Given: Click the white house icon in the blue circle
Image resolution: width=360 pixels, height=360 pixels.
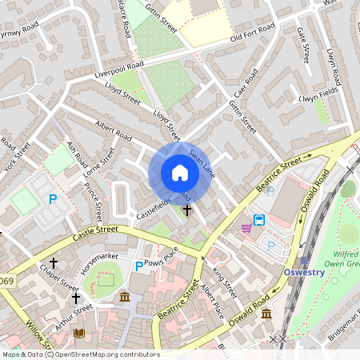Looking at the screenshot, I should click(180, 173).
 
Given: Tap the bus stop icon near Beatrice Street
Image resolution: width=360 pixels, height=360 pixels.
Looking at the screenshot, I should click(259, 220).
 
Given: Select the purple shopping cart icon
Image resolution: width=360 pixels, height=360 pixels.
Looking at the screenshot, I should click(246, 228).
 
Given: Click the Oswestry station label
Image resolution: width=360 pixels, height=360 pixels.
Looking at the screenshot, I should click(303, 272).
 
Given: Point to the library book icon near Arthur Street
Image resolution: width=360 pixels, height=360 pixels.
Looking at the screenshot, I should click(78, 332).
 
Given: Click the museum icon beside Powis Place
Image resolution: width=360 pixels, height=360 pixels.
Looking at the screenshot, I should click(125, 298).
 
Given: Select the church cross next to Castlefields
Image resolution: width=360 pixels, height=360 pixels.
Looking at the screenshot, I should click(187, 210).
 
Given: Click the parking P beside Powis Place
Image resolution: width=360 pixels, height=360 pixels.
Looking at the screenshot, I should click(139, 266).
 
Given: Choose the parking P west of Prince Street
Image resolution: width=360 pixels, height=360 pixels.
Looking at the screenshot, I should click(53, 199).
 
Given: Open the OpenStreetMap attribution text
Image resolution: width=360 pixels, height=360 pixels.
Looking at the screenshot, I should click(80, 354).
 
